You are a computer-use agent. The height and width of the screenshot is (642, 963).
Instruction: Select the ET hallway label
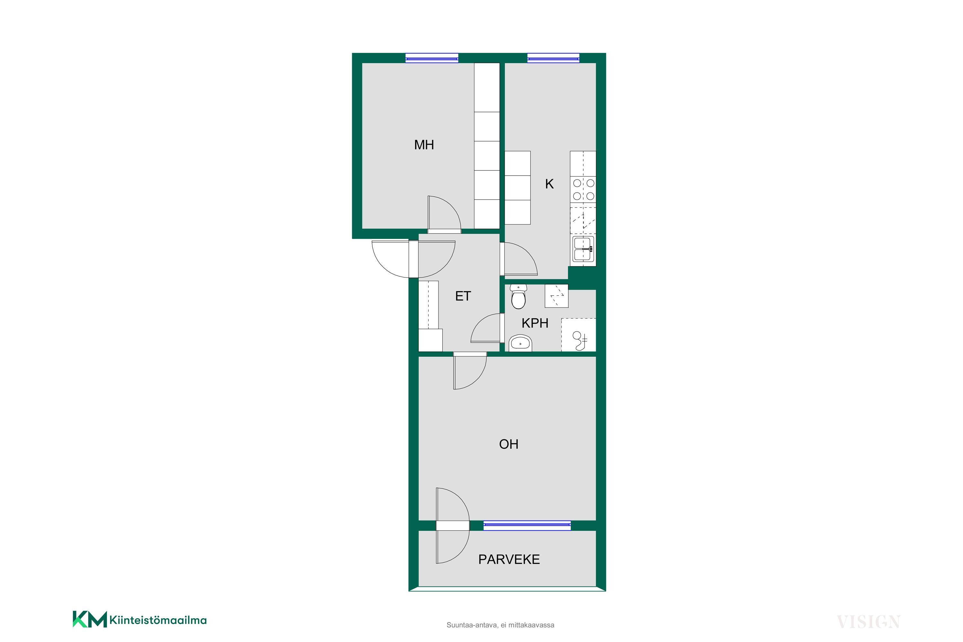[463, 296]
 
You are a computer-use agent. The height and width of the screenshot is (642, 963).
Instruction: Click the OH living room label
[508, 444]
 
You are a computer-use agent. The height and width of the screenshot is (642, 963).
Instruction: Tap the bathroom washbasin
[520, 343]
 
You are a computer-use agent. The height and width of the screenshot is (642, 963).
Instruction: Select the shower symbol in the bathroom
[578, 335]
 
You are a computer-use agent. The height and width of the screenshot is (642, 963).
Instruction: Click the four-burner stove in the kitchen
[583, 190]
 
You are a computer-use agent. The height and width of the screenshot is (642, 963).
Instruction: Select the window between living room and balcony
[527, 526]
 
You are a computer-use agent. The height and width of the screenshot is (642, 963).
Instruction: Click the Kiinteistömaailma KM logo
[140, 620]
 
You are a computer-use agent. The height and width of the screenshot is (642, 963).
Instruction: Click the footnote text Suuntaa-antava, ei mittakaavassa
[500, 625]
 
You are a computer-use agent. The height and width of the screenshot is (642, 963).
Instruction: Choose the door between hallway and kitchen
[519, 259]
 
